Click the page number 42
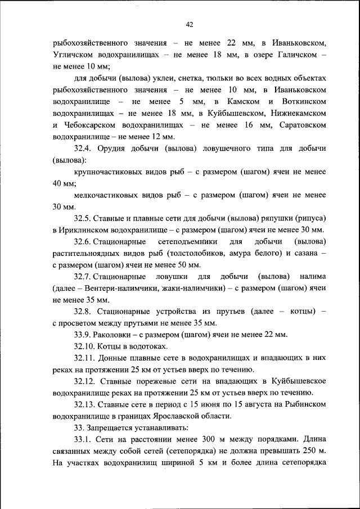coord(189,24)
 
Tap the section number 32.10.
coord(85,346)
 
